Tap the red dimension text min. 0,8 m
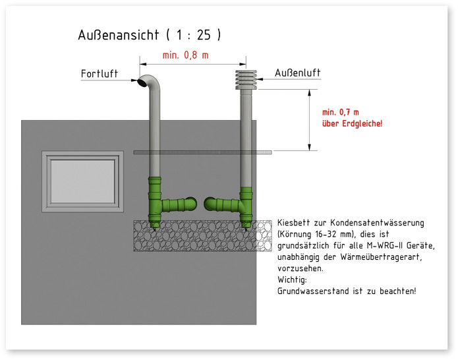click(185, 55)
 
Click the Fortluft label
click(100, 73)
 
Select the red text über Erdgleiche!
click(351, 124)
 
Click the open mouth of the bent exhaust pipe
click(143, 82)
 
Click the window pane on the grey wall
click(82, 181)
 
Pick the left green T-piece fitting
click(157, 202)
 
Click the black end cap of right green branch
click(209, 202)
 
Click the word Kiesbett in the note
click(293, 224)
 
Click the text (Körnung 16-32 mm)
click(318, 235)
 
